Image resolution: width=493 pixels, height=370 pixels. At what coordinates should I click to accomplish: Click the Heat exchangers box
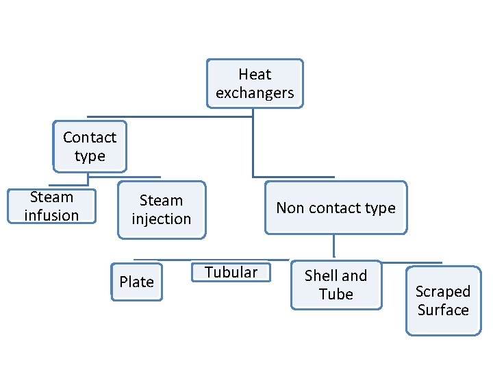tap(255, 84)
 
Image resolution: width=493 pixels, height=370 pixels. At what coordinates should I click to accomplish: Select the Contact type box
tap(90, 147)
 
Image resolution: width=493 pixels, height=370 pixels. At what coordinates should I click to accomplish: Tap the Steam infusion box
tap(51, 206)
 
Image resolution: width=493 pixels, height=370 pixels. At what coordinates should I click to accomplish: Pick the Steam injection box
tap(161, 210)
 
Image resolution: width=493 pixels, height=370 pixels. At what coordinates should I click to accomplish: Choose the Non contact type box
tap(336, 208)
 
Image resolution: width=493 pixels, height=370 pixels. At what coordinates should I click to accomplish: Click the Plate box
tap(136, 282)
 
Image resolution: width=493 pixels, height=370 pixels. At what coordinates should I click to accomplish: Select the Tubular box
tap(231, 272)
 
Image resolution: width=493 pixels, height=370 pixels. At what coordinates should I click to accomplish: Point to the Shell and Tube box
tap(336, 285)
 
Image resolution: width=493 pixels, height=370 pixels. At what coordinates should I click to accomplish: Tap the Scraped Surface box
tap(443, 301)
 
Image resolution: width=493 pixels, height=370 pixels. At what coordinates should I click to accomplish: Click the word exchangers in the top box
tap(255, 93)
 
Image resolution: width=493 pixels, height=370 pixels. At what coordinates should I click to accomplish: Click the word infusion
tap(51, 216)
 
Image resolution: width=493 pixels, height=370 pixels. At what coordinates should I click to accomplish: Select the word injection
tap(161, 219)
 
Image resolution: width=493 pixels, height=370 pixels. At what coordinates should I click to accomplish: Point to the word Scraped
tap(443, 291)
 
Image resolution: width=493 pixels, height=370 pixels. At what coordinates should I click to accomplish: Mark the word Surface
tap(443, 310)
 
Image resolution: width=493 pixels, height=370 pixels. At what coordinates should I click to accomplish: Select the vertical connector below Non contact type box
tap(333, 247)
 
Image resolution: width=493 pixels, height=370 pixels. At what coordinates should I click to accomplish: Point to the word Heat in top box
tap(255, 74)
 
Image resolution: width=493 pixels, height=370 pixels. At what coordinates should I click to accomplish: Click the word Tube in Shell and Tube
tap(336, 295)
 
